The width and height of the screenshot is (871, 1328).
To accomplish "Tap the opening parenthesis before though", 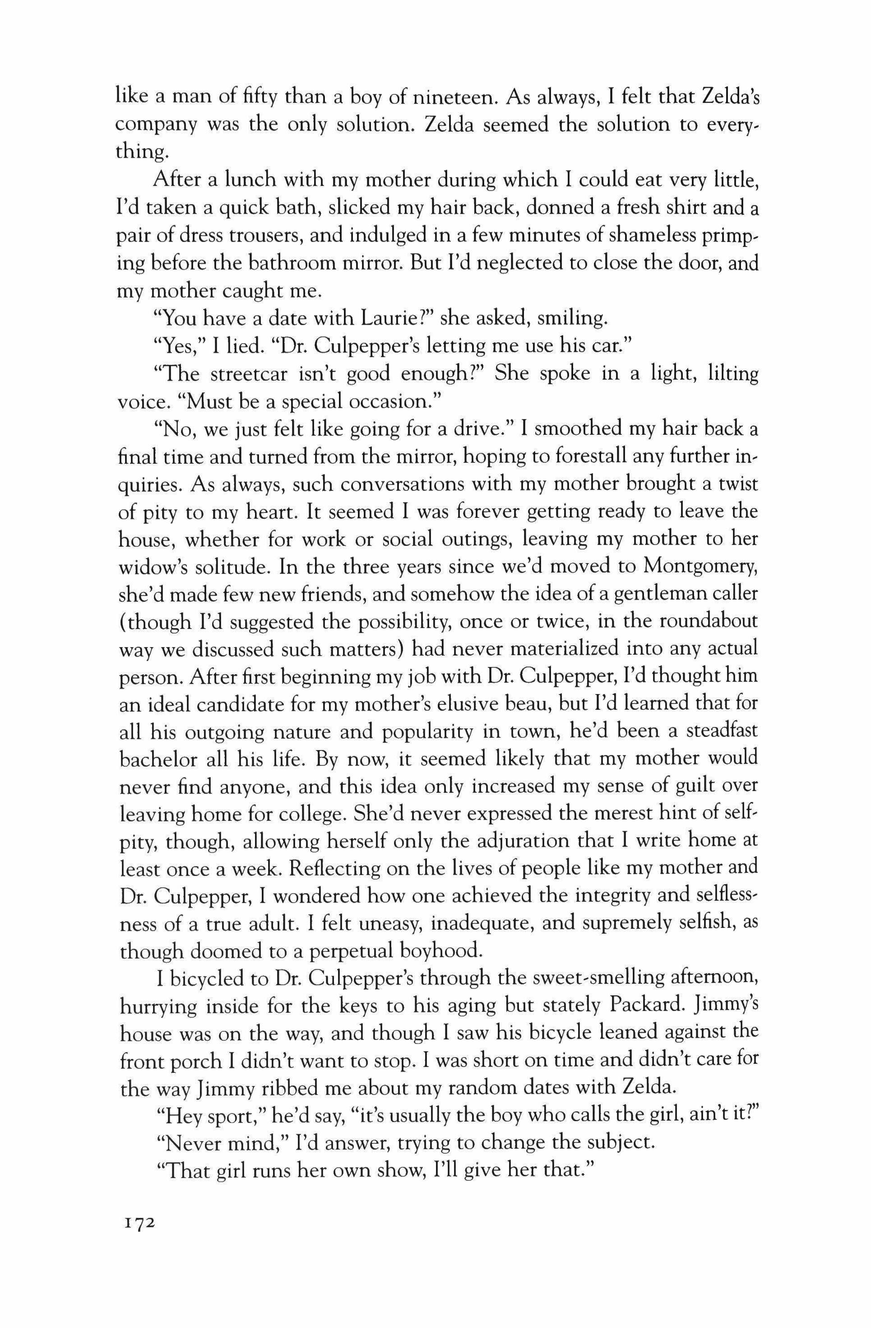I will tap(123, 623).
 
